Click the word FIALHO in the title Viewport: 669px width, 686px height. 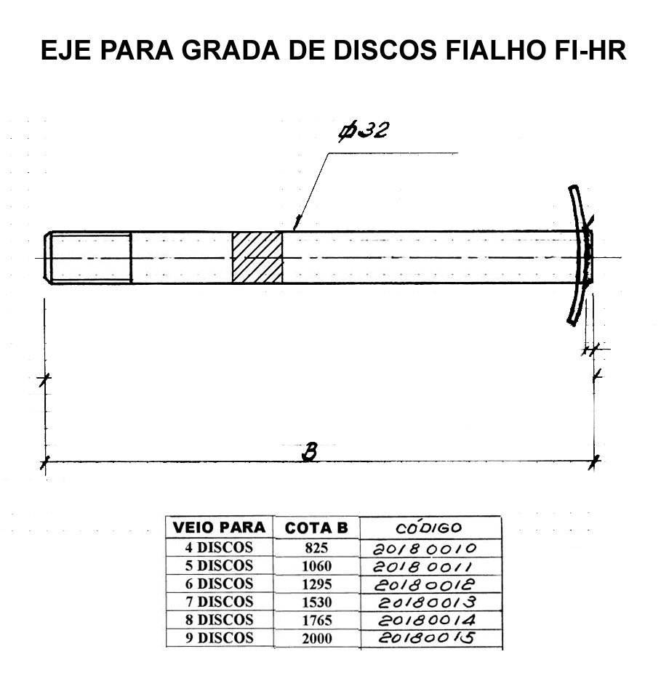click(x=495, y=50)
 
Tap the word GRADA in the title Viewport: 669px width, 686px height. click(x=231, y=50)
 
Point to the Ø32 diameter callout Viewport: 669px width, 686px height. click(x=363, y=132)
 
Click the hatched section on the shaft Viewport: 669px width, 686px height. click(x=257, y=258)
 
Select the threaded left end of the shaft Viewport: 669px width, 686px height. click(x=88, y=258)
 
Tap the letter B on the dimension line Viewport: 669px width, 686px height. click(x=310, y=453)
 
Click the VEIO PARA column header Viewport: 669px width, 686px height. click(x=220, y=528)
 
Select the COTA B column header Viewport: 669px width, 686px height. click(x=316, y=528)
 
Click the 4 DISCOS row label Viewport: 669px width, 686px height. click(x=219, y=547)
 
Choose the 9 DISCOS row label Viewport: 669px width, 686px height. click(x=220, y=638)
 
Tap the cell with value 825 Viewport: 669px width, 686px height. click(x=316, y=548)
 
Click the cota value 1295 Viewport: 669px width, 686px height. click(x=316, y=584)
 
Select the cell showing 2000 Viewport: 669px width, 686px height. click(x=316, y=638)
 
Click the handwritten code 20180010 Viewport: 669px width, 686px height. click(x=424, y=549)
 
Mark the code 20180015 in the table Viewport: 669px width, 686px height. click(x=426, y=637)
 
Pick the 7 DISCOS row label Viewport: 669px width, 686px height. click(x=220, y=602)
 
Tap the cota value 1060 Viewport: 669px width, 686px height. click(x=316, y=566)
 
